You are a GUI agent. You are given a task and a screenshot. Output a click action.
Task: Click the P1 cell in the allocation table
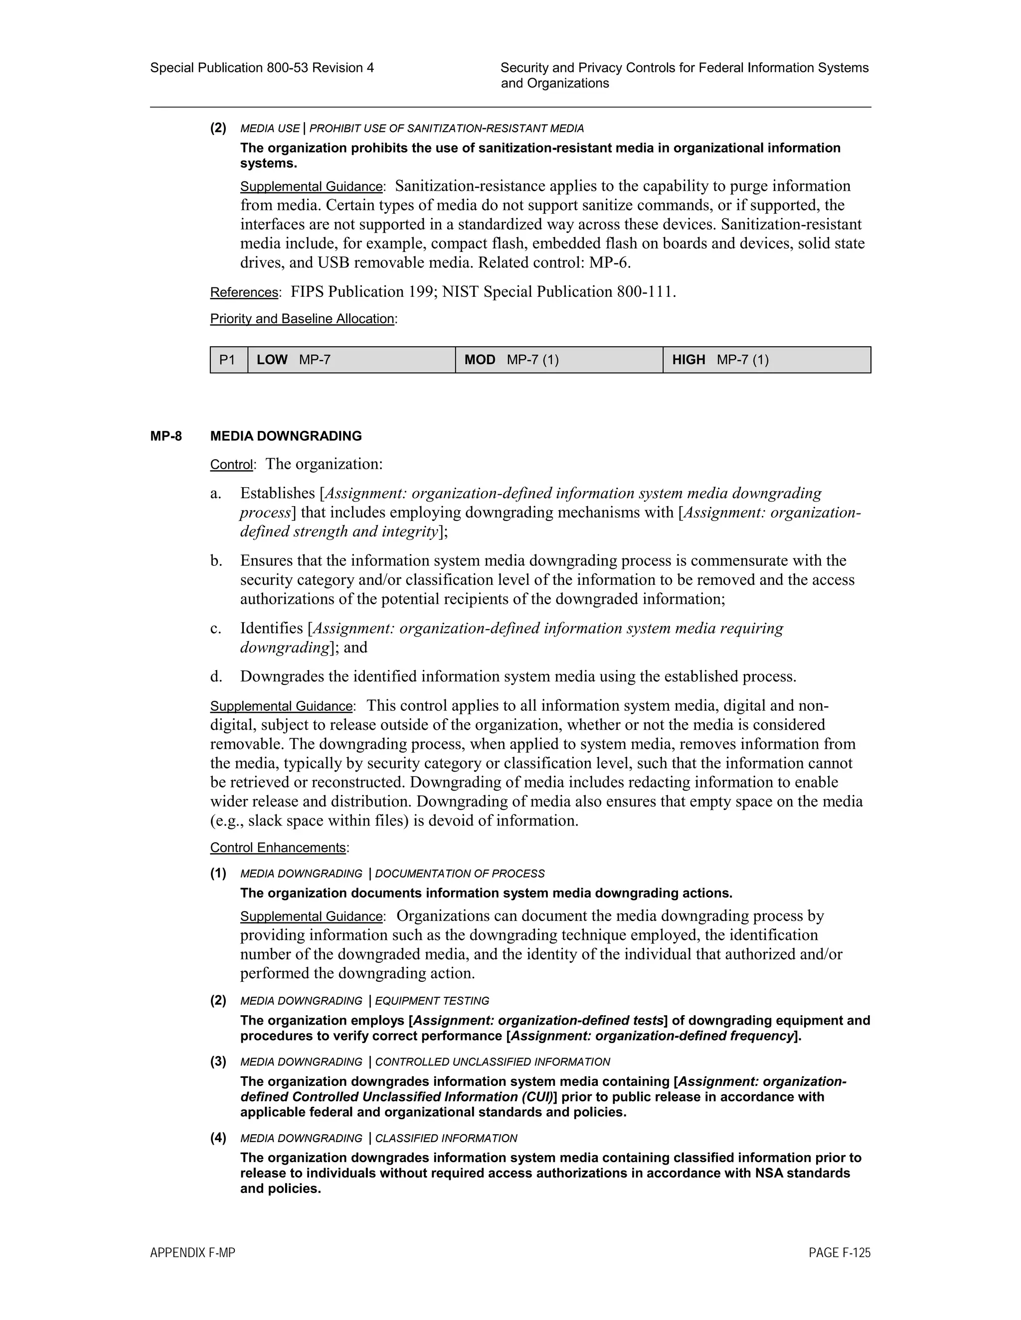(227, 360)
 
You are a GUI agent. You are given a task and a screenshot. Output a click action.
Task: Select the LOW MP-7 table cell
(351, 360)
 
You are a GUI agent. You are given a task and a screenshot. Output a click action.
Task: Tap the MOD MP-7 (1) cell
(559, 360)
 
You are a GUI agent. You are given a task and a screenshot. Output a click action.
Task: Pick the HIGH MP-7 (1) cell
(766, 360)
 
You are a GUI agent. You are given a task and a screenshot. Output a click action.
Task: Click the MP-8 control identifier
(166, 436)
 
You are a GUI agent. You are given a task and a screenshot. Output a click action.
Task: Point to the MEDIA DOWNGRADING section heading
(286, 436)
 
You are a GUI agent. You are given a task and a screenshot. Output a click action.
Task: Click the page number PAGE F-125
(840, 1253)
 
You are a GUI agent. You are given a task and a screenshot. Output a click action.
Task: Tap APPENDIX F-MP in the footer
(192, 1253)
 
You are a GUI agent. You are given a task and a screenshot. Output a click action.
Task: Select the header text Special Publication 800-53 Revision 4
(262, 68)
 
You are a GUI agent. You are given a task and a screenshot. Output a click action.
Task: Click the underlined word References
(244, 292)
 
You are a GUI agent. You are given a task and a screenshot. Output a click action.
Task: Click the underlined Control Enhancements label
(278, 848)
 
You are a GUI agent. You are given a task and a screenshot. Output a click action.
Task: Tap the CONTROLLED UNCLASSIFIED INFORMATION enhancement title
(493, 1062)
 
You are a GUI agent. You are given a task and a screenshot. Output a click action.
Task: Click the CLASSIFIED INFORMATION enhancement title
(446, 1139)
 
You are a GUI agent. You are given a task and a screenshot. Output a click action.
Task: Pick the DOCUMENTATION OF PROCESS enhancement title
(460, 874)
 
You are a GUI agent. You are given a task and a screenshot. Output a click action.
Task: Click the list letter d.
(216, 676)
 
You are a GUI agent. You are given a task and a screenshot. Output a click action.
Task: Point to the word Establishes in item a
(278, 493)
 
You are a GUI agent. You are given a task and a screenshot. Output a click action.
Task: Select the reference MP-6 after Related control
(609, 263)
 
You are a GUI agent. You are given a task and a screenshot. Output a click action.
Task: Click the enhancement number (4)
(218, 1138)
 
